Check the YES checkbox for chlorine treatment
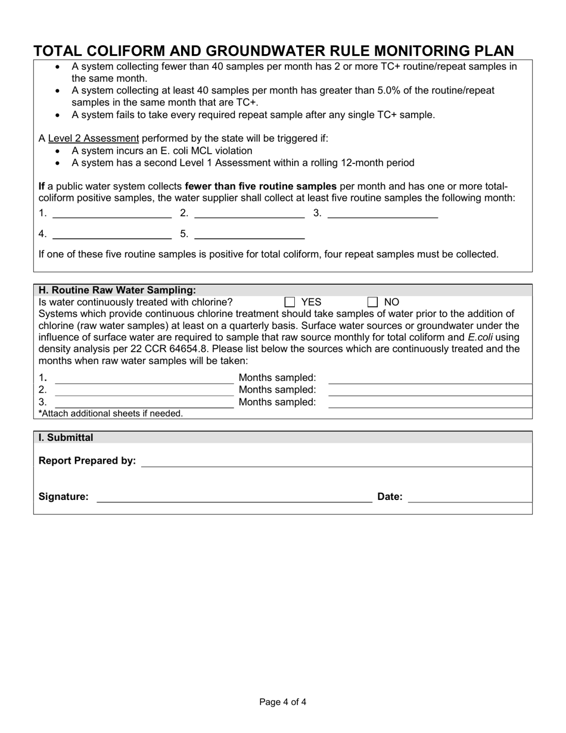pyautogui.click(x=290, y=302)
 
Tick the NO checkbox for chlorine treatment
pyautogui.click(x=373, y=302)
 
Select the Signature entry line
pyautogui.click(x=234, y=497)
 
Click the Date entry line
pyautogui.click(x=469, y=497)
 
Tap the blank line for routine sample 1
pyautogui.click(x=112, y=213)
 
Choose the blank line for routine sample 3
pyautogui.click(x=382, y=213)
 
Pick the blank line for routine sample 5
pyautogui.click(x=250, y=234)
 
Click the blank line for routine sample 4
pyautogui.click(x=112, y=234)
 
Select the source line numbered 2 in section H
pyautogui.click(x=144, y=390)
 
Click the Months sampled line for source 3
pyautogui.click(x=430, y=402)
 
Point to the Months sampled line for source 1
pyautogui.click(x=430, y=378)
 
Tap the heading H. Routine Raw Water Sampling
pyautogui.click(x=117, y=290)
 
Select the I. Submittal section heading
pyautogui.click(x=66, y=437)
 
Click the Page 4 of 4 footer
pyautogui.click(x=283, y=702)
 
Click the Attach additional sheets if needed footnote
pyautogui.click(x=111, y=414)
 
